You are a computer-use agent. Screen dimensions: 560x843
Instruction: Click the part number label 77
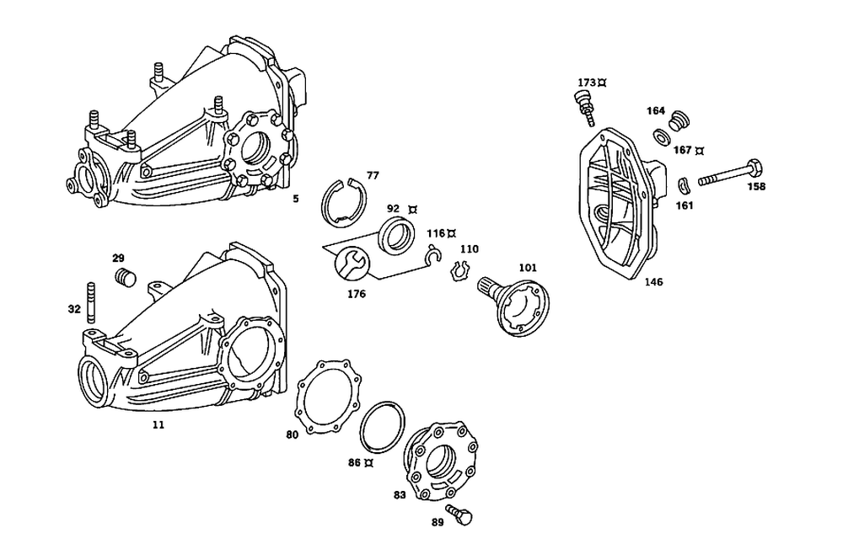point(373,175)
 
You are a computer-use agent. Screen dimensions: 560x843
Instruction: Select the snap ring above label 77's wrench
point(344,205)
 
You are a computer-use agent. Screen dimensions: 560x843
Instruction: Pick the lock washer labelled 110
point(459,270)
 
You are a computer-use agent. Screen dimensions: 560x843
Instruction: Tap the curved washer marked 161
point(685,185)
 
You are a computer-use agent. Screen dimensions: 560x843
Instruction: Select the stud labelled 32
point(89,305)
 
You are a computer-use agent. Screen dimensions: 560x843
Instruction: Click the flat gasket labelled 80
point(327,401)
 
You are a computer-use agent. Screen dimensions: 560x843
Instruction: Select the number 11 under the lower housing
point(158,425)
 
